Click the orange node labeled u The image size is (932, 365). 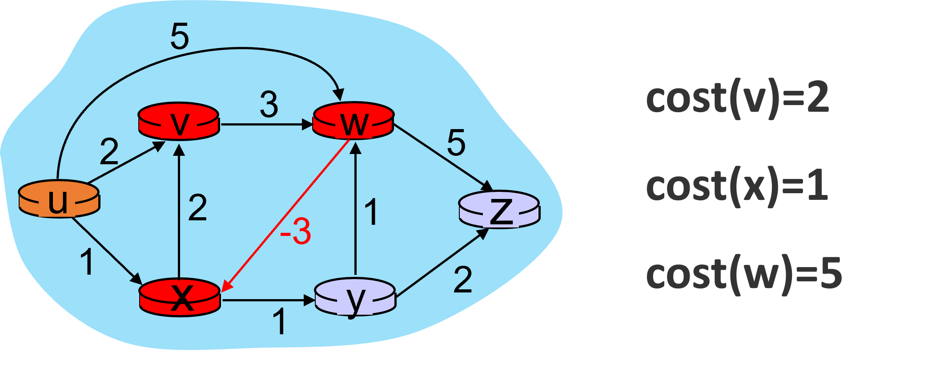59,199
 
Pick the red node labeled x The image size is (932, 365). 180,297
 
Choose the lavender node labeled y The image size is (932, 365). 355,297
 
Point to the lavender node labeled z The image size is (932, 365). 499,209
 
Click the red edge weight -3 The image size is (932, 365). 296,232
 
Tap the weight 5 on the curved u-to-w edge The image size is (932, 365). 180,36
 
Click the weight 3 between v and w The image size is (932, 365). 269,105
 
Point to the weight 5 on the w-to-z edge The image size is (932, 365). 456,143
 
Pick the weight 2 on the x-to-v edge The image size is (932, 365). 197,208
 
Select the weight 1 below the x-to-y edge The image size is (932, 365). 279,321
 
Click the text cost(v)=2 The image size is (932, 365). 737,99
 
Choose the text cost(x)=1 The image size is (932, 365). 736,186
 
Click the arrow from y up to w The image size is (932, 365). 355,209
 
